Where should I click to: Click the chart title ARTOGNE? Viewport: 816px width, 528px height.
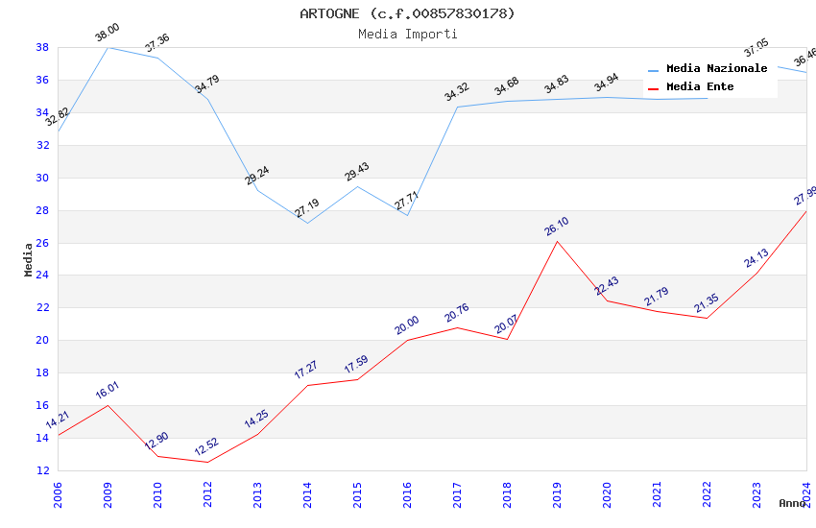coord(407,13)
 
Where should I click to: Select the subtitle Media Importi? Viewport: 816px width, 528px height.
coord(407,34)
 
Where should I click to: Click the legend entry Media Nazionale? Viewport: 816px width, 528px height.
coord(716,68)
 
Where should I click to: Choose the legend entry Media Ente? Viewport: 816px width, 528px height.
coord(700,86)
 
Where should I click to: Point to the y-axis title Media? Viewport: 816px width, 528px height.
coord(29,259)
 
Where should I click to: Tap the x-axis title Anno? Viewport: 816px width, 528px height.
coord(792,503)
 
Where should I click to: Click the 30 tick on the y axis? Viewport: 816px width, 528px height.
coord(42,178)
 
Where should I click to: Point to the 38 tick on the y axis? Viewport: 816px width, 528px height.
coord(42,47)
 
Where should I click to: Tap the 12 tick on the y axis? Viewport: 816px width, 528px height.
coord(42,470)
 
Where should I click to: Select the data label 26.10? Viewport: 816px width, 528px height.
coord(557,227)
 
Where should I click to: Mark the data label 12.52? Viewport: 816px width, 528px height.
coord(207,447)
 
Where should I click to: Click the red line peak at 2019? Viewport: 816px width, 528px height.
coord(557,240)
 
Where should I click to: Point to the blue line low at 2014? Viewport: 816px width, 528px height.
coord(307,223)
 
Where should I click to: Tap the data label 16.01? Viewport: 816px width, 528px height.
coord(108,390)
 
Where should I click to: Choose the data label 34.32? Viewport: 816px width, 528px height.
coord(457,92)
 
